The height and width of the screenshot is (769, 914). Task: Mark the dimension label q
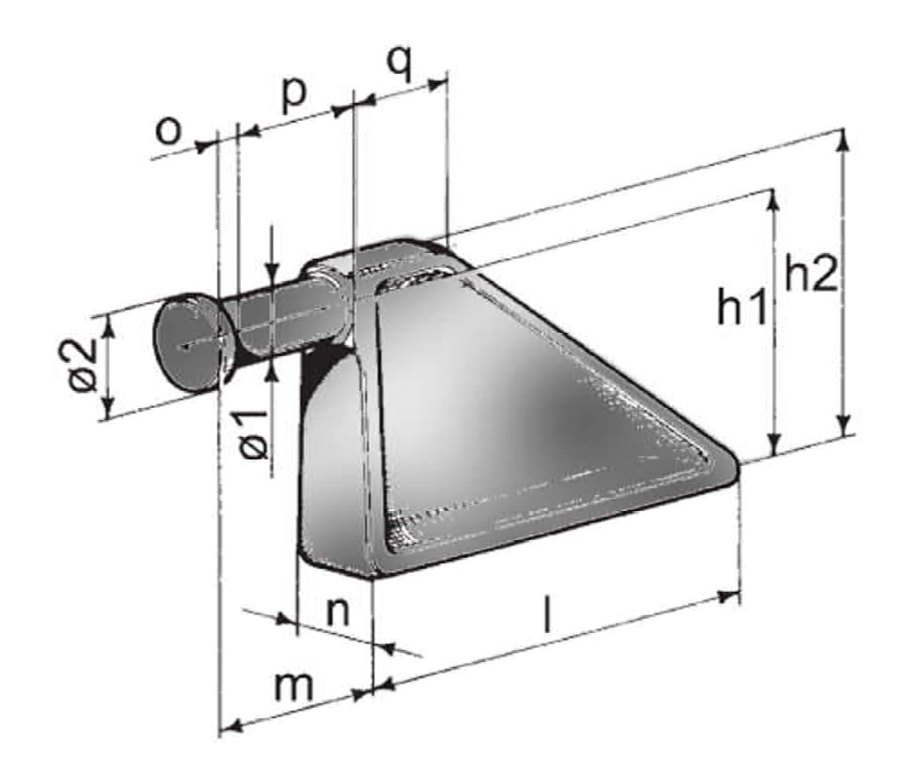400,64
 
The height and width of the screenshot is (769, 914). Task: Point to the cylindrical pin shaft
282,319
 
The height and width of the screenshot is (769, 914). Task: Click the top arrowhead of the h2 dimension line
844,139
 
